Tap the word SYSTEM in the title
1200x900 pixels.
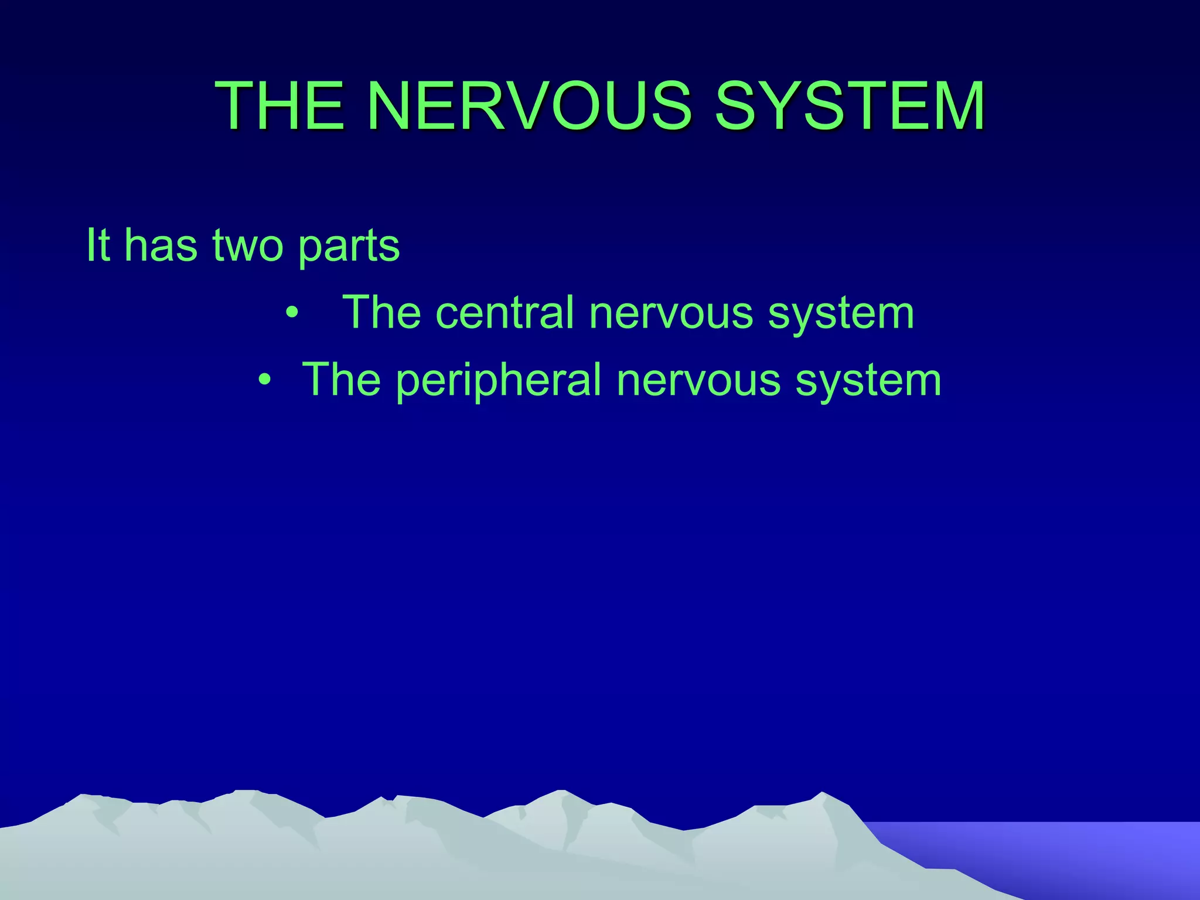pos(850,106)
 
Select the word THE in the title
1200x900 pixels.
pos(280,106)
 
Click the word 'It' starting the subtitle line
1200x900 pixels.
pos(98,245)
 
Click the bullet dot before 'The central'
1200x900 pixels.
pos(292,313)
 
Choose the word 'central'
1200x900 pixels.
pos(504,313)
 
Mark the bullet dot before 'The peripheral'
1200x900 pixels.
pos(265,380)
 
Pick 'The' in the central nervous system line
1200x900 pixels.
pos(381,313)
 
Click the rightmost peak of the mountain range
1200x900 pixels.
pos(823,797)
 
